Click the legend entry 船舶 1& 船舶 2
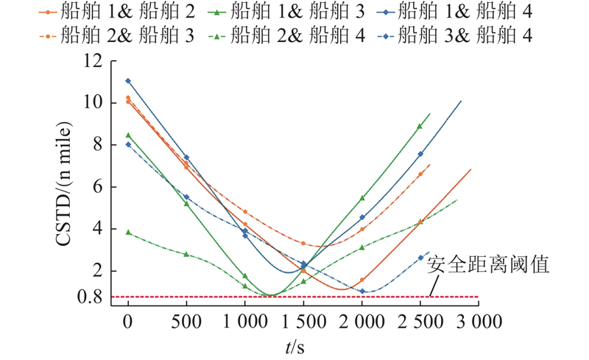pos(117,12)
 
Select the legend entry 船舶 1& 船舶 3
pos(286,12)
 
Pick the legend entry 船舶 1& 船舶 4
pos(454,12)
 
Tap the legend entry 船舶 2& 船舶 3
pos(117,35)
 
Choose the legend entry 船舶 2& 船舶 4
pos(286,35)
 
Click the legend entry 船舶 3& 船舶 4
pos(454,35)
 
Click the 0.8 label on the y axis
pos(89,297)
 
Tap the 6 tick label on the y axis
pos(98,187)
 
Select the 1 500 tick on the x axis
pos(303,322)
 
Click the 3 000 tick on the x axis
pos(479,322)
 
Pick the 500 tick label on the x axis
pos(186,322)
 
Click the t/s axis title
pos(295,347)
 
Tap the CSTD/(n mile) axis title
pos(63,184)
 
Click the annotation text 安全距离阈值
pos(487,264)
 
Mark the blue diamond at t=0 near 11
pos(128,81)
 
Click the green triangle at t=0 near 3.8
pos(128,233)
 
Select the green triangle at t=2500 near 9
pos(420,127)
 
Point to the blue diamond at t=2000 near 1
pos(362,292)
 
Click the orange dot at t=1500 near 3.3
pos(303,244)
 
